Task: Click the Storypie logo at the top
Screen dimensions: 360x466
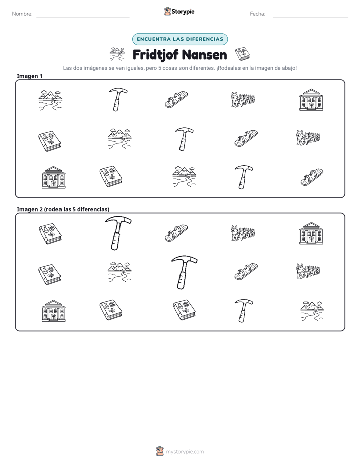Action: pyautogui.click(x=179, y=11)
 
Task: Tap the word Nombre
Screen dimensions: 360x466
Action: pyautogui.click(x=22, y=14)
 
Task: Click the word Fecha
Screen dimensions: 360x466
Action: pyautogui.click(x=257, y=14)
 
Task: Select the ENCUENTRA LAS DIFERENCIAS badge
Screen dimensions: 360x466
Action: pyautogui.click(x=180, y=39)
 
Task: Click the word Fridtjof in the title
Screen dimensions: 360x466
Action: pyautogui.click(x=155, y=55)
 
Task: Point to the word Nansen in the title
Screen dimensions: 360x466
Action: pyautogui.click(x=204, y=55)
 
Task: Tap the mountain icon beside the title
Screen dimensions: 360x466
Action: pyautogui.click(x=117, y=54)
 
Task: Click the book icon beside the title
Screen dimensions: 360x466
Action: pyautogui.click(x=243, y=54)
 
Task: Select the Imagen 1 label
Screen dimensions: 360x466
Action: pyautogui.click(x=29, y=76)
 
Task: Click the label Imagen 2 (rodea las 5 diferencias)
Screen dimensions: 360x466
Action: pyautogui.click(x=63, y=209)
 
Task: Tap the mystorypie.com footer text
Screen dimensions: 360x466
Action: pyautogui.click(x=185, y=452)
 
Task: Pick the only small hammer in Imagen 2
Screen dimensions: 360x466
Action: pyautogui.click(x=244, y=310)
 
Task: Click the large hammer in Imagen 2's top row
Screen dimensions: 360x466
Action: pyautogui.click(x=118, y=233)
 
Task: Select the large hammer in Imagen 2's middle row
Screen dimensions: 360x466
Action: pyautogui.click(x=184, y=272)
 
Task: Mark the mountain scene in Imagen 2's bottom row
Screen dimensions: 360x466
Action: pyautogui.click(x=312, y=311)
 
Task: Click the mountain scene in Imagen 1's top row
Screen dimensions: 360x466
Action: pyautogui.click(x=50, y=100)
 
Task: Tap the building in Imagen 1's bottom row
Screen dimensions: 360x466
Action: pyautogui.click(x=53, y=177)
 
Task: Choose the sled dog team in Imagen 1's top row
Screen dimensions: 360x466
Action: pyautogui.click(x=243, y=99)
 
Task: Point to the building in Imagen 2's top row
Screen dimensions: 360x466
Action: pyautogui.click(x=311, y=233)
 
